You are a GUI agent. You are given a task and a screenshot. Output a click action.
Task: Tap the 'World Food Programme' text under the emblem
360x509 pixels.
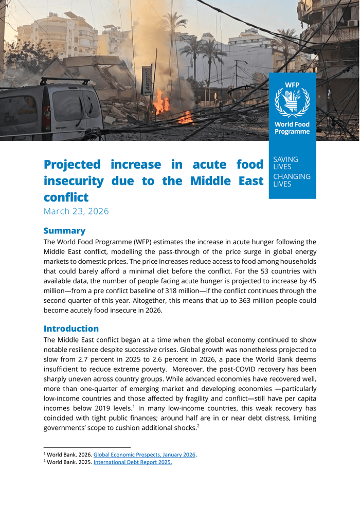(x=292, y=128)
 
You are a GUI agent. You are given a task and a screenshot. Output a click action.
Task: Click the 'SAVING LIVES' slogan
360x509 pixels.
(x=285, y=163)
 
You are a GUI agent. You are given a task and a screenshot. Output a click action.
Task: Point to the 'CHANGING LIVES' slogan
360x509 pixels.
(x=292, y=180)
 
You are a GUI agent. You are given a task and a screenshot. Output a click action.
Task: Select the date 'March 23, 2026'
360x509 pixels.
(x=76, y=211)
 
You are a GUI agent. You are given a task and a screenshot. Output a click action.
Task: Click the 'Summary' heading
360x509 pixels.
(x=64, y=231)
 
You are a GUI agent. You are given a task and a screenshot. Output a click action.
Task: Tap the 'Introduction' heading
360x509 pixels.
(x=71, y=329)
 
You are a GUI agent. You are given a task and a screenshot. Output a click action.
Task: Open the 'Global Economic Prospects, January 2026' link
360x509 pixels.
(x=145, y=455)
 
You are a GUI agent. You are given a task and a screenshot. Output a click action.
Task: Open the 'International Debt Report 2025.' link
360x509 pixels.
(x=133, y=462)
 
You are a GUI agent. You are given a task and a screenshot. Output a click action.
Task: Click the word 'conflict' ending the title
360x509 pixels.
(x=66, y=197)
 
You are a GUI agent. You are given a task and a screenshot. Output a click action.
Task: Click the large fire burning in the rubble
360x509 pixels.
(x=161, y=103)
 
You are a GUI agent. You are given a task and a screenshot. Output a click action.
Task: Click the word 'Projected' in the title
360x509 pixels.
(x=72, y=165)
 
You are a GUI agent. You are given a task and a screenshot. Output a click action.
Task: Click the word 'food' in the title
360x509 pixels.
(x=250, y=165)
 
